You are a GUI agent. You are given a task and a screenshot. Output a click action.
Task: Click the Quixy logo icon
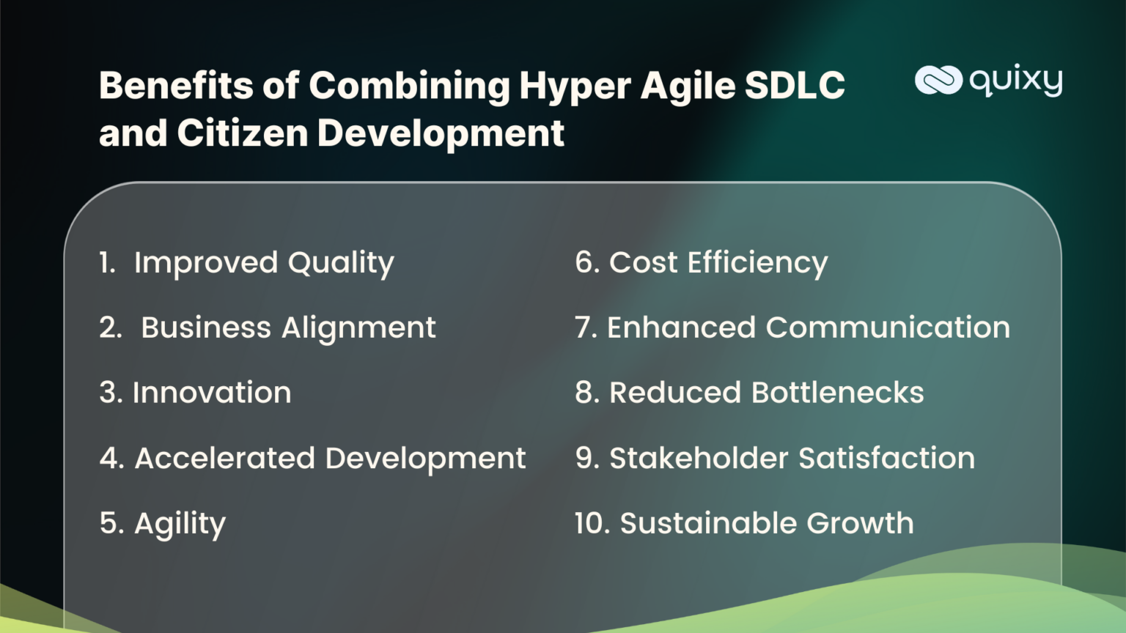coord(938,80)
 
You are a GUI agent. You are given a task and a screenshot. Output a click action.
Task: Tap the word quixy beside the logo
coord(1016,80)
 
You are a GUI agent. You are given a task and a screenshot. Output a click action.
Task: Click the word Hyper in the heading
coord(575,86)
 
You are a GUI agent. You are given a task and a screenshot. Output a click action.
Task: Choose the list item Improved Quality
coord(264,263)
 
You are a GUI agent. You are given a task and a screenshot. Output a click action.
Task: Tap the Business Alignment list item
coord(288,327)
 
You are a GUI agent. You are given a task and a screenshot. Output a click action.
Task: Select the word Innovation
coord(212,393)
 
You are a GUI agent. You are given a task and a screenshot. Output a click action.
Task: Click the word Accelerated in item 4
coord(225,458)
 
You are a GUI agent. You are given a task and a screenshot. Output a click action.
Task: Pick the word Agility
coord(180,524)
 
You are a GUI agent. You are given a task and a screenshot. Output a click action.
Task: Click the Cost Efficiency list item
coord(718,262)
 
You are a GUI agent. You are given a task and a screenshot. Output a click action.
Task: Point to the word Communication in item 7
coord(888,327)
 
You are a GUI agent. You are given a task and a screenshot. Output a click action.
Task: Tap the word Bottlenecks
coord(838,393)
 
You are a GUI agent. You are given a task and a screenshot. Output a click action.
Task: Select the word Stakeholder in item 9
coord(699,458)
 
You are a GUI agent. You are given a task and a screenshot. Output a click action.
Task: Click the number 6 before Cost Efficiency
coord(585,262)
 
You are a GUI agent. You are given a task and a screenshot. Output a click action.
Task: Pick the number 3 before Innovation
coord(109,393)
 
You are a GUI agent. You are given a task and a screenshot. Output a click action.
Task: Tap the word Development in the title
coord(441,133)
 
